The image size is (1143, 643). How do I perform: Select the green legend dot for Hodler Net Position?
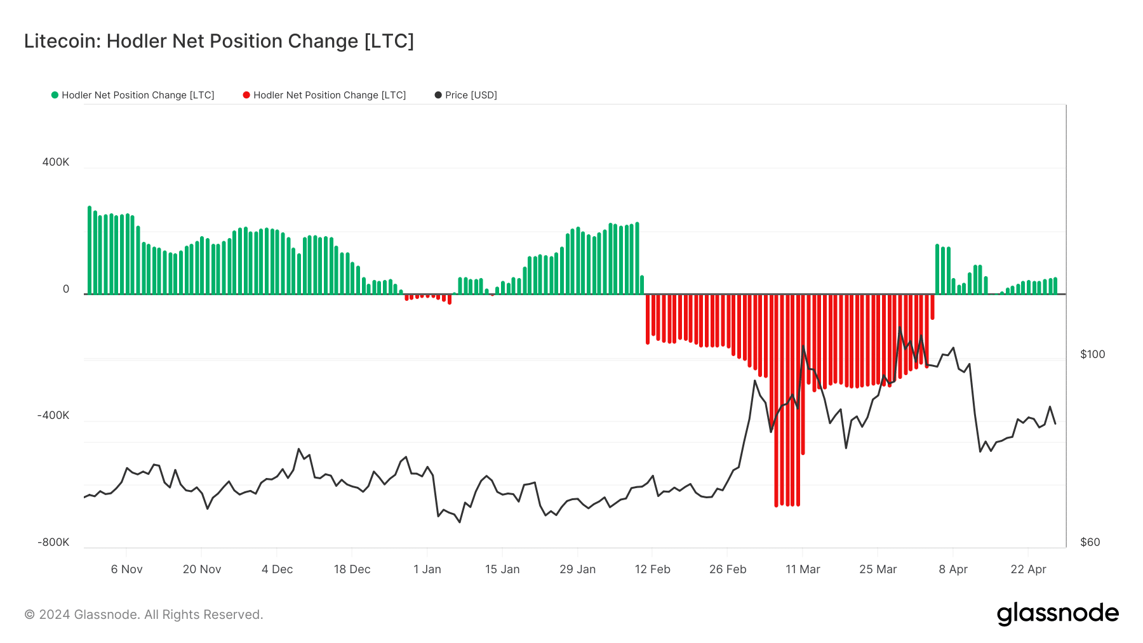[55, 95]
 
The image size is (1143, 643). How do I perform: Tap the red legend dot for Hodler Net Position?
[246, 95]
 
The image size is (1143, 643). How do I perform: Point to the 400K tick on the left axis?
[56, 162]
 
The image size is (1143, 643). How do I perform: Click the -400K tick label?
[53, 416]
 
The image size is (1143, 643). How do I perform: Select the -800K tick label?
[53, 543]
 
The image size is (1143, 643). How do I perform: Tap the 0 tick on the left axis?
[66, 289]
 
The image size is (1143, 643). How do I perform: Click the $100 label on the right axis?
[1092, 355]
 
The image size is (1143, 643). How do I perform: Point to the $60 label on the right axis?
[1090, 543]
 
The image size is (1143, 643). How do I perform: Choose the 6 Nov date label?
[127, 569]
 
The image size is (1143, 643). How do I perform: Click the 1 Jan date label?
[427, 569]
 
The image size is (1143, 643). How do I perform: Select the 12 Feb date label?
[653, 569]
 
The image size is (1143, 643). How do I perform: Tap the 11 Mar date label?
[803, 569]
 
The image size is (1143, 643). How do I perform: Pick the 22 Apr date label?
[1028, 569]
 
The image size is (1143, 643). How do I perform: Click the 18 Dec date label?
[352, 569]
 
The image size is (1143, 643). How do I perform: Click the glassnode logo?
[1057, 614]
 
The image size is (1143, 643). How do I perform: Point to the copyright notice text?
[144, 614]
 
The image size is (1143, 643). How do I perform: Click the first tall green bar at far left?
[90, 251]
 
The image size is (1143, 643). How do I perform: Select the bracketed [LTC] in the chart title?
[389, 41]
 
